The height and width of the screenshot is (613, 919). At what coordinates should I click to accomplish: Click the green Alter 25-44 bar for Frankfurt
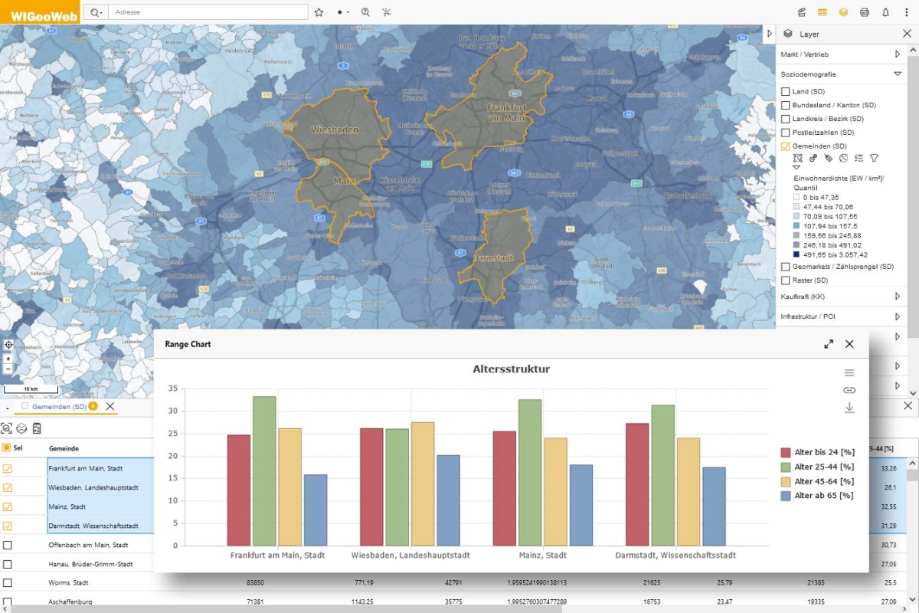(x=264, y=470)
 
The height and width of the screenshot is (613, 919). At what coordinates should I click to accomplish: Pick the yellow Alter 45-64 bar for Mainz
(x=555, y=491)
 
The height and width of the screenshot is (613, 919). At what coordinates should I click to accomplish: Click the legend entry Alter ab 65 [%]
(x=824, y=496)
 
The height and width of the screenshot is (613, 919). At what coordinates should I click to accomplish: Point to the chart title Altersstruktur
(x=512, y=369)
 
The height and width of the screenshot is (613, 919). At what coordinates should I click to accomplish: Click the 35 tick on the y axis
(x=172, y=388)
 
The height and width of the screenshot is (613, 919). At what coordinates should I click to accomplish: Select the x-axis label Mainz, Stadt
(x=541, y=555)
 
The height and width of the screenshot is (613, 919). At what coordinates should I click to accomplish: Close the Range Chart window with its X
(x=849, y=344)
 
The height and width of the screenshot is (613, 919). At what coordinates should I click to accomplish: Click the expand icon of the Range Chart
(x=829, y=344)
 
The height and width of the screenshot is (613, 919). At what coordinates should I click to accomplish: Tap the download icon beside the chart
(x=849, y=408)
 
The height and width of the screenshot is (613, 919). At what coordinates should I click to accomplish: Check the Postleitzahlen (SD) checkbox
(x=785, y=133)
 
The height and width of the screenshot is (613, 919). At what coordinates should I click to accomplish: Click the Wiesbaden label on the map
(x=335, y=130)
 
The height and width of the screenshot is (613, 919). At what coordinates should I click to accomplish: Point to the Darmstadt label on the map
(x=495, y=257)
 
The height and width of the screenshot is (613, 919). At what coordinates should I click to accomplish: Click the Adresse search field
(x=207, y=12)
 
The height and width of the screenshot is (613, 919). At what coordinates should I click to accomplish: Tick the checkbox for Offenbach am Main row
(x=8, y=545)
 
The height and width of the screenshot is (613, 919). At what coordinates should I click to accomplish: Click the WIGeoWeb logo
(x=39, y=12)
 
